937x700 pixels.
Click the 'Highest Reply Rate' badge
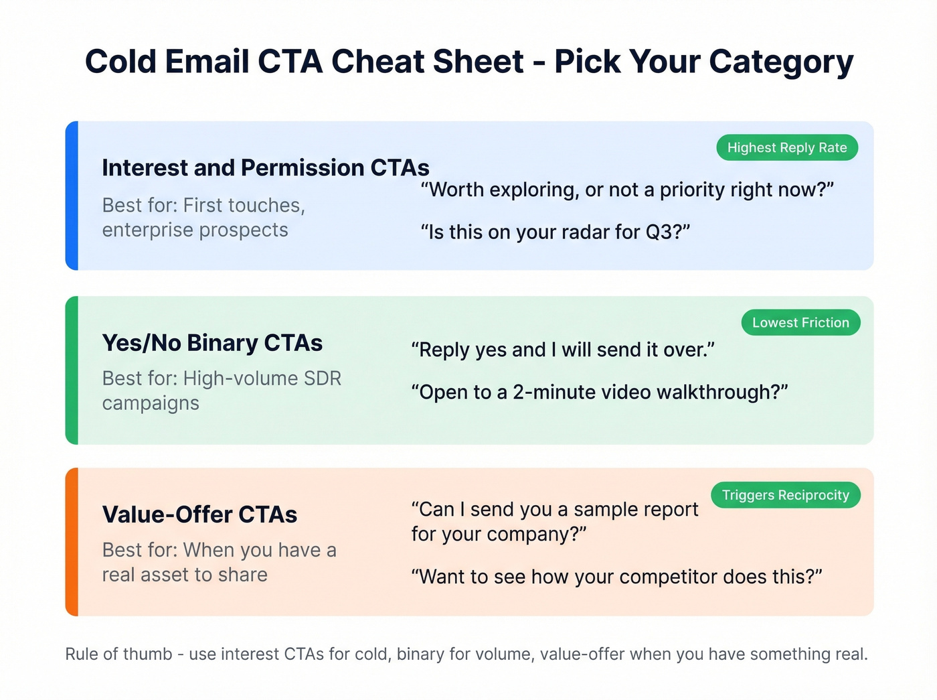(787, 148)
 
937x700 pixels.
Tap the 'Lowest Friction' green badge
(800, 323)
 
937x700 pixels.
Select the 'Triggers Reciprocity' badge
(785, 495)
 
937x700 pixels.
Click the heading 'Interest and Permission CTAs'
(266, 167)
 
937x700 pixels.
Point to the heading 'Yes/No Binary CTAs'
(212, 343)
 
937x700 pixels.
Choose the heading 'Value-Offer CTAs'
(199, 514)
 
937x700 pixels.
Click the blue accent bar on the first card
(72, 196)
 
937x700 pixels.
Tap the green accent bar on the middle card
(72, 370)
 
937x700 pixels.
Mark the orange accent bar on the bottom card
(72, 542)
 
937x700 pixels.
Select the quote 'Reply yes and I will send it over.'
(563, 350)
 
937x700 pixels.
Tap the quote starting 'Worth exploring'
(627, 190)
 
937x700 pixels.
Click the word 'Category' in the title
(781, 62)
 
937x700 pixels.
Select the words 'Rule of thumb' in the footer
(118, 654)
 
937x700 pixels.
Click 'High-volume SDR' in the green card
(262, 378)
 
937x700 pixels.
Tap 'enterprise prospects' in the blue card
(195, 230)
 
